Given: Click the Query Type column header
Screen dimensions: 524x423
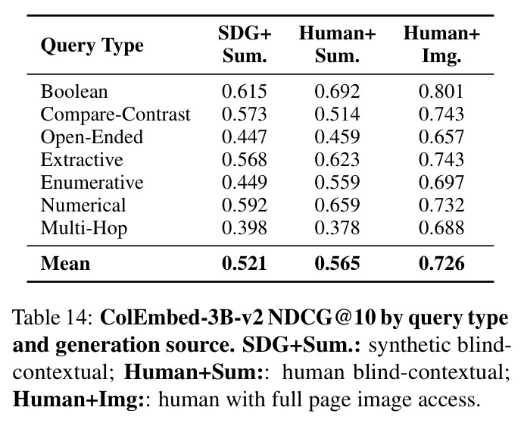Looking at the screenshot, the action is click(x=92, y=45).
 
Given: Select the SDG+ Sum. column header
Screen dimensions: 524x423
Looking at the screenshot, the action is click(x=245, y=45).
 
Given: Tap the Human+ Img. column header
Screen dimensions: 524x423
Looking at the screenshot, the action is click(x=441, y=45).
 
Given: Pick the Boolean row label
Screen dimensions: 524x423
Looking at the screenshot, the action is click(x=74, y=92).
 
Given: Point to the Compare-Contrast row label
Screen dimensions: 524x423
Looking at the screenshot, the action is click(x=116, y=114).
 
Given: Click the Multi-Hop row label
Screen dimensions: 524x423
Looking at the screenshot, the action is click(x=84, y=228).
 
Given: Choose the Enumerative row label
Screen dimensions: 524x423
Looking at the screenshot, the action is click(x=92, y=183).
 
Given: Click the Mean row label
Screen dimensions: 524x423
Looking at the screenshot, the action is click(x=65, y=263).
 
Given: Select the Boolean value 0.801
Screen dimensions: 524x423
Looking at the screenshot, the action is click(x=441, y=92).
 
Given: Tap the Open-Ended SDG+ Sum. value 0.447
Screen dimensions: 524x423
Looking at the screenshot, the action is click(x=245, y=137).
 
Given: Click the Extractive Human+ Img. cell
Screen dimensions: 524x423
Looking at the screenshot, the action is click(x=441, y=160).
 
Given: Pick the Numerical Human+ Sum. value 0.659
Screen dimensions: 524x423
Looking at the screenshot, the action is click(x=337, y=205).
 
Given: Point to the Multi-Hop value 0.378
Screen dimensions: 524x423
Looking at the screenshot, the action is click(x=337, y=228).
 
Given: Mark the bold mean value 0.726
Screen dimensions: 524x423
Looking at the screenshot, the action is click(x=441, y=263).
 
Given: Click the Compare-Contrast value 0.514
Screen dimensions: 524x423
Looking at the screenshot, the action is click(x=337, y=114).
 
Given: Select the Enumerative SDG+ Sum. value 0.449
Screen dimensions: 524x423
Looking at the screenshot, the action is click(x=245, y=183).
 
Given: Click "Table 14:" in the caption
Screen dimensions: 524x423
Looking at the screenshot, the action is click(x=52, y=317).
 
